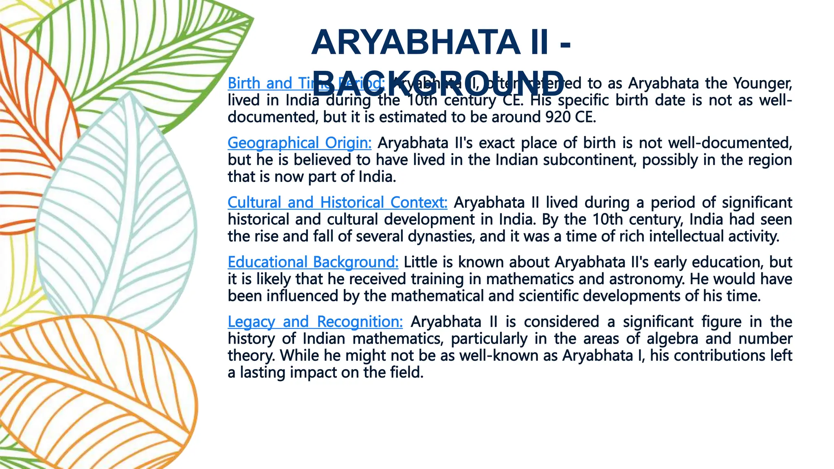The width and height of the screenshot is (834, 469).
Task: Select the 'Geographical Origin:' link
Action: tap(299, 143)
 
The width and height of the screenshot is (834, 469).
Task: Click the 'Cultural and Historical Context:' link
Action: tap(337, 202)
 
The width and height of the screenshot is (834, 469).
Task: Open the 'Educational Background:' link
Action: tap(313, 262)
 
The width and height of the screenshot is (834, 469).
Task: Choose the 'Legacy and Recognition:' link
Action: tap(315, 322)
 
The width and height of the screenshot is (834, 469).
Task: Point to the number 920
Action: tap(557, 117)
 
